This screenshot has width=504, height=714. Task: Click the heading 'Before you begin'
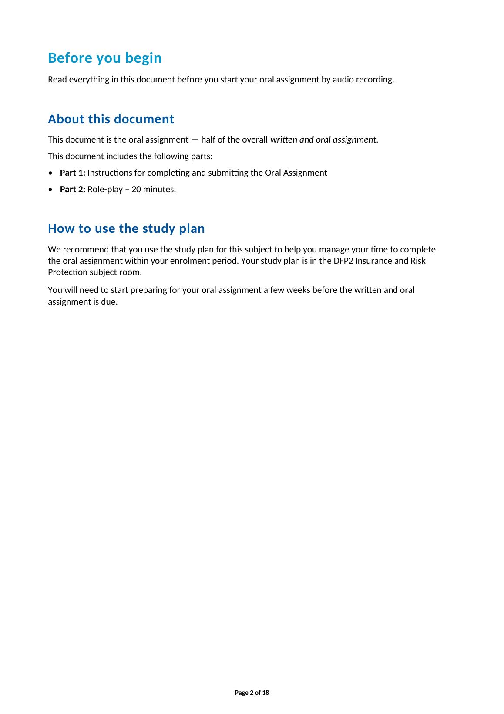pos(104,58)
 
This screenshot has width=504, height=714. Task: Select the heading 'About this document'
pos(111,119)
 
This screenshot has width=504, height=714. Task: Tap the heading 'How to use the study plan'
pos(126,228)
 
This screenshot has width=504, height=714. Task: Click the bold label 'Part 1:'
pos(72,173)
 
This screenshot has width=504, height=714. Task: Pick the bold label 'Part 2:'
pos(72,190)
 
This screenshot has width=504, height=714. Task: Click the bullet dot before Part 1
pos(51,173)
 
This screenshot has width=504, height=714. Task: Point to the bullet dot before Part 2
pos(51,190)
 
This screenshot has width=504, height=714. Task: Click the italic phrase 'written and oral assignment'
pos(323,140)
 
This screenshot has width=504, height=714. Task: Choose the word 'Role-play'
pos(105,190)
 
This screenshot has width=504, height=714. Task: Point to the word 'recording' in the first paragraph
pos(376,80)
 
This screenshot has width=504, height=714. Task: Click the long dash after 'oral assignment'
pos(194,140)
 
